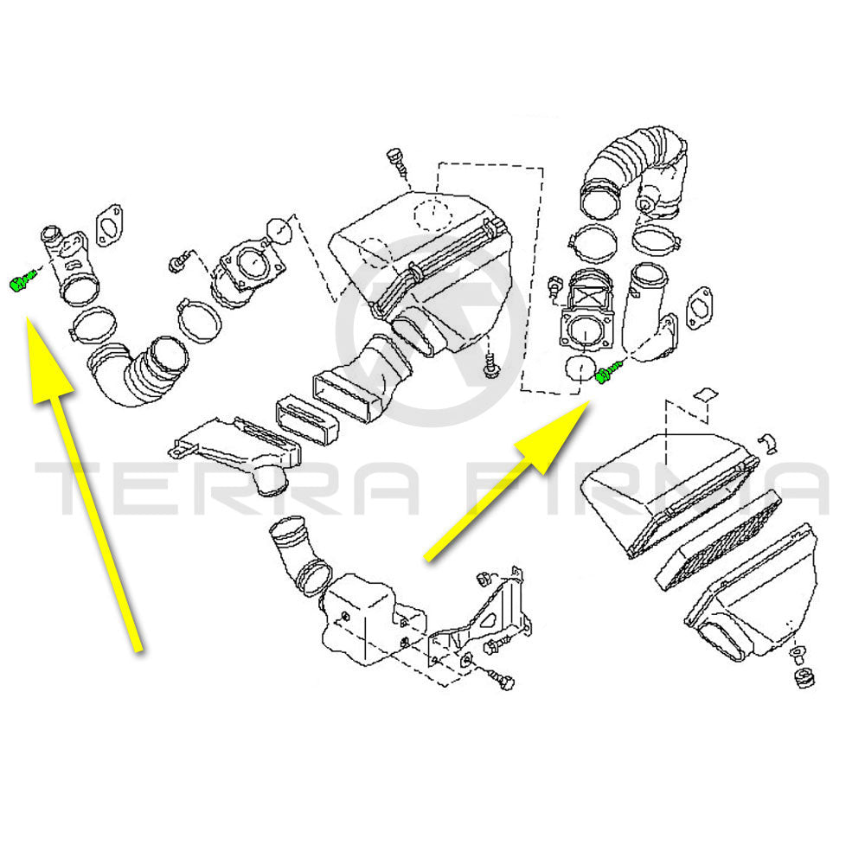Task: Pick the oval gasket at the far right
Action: pyautogui.click(x=699, y=311)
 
